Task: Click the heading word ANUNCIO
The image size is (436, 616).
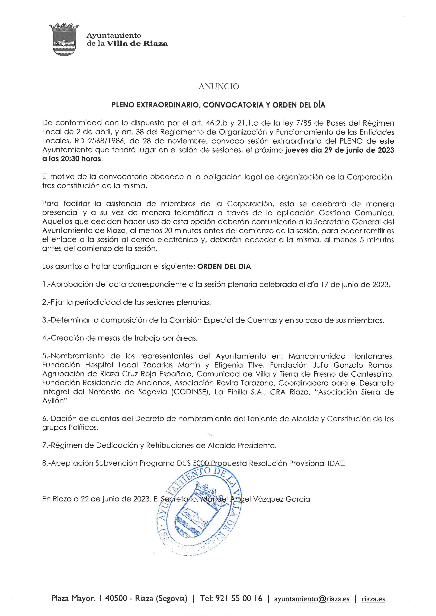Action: point(219,86)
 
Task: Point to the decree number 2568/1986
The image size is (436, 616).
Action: point(107,141)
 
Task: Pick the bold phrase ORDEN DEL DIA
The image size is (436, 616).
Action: point(224,266)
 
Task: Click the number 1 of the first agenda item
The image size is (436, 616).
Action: point(44,284)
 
